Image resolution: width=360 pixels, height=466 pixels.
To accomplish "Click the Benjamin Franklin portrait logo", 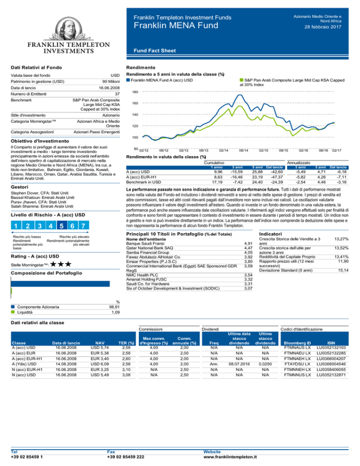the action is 68,29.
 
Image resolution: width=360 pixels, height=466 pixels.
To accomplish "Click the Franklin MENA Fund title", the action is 176,25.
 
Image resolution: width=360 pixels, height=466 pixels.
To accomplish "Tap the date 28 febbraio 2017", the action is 322,27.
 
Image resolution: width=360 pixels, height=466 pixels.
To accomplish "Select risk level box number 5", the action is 61,225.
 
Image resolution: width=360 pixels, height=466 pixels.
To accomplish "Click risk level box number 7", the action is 83,225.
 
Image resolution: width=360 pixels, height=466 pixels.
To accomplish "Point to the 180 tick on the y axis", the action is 135,92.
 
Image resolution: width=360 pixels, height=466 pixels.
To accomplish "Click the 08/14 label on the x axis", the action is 244,150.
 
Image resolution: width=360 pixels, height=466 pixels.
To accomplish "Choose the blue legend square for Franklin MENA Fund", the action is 128,80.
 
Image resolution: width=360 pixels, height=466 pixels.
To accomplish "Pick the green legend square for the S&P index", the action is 242,80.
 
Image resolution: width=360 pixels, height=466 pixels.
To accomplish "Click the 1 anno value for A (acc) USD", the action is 218,172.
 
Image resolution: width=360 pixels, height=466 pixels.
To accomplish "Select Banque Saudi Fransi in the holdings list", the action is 145,243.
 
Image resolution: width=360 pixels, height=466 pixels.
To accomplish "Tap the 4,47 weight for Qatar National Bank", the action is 248,248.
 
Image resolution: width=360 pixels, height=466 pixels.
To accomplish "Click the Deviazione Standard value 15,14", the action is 343,271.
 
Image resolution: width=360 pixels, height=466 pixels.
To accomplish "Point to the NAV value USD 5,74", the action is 99,348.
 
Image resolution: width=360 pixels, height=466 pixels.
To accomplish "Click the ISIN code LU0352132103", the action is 331,348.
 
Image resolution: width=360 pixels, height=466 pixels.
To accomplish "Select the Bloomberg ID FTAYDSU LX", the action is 297,364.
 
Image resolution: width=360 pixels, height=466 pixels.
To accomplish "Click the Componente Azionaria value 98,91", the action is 114,307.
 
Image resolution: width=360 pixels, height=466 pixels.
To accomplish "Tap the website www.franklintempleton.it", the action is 230,457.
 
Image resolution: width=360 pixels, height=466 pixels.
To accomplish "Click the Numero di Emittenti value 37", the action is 117,94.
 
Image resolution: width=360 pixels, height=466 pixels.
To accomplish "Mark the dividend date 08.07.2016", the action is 240,364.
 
